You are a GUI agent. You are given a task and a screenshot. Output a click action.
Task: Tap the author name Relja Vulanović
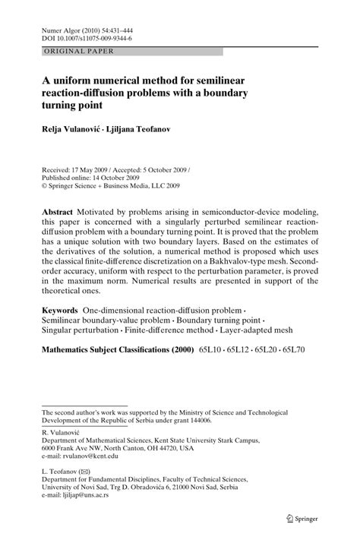click(71, 130)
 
